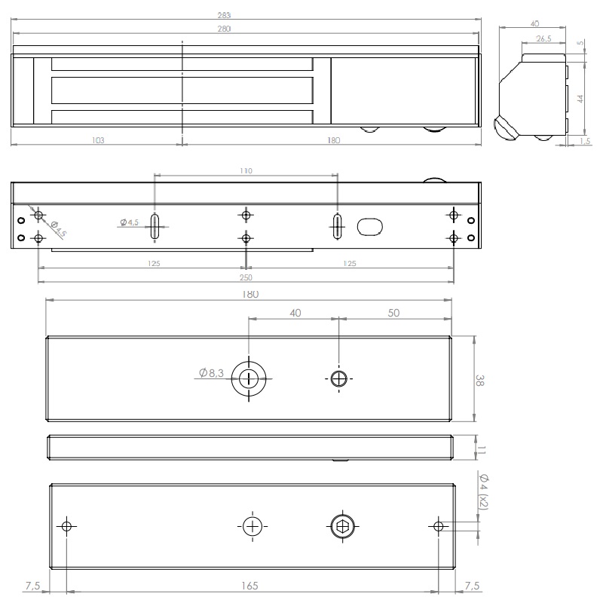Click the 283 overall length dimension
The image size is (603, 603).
244,14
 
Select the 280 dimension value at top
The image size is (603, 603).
244,29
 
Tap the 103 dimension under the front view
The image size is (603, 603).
96,140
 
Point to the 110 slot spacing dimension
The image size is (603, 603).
246,171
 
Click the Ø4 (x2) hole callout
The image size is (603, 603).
483,492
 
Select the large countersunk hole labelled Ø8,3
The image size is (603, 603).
248,378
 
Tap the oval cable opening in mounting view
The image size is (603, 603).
371,226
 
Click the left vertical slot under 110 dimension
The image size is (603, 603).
155,226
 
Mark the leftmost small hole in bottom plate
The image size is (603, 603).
67,525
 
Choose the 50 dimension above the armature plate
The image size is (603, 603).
393,312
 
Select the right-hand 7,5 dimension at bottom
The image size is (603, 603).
471,584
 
